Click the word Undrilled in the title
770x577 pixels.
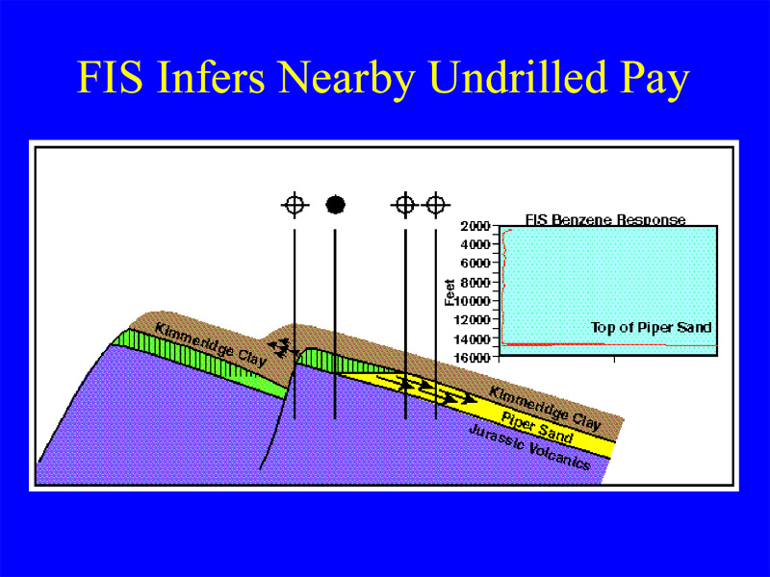(517, 77)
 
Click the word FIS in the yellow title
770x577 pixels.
(110, 78)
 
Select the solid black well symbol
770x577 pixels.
(335, 205)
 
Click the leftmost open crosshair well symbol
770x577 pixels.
(295, 205)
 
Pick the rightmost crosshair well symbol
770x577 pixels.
(436, 204)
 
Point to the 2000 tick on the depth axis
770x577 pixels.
(475, 226)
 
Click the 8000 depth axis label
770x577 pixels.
(475, 283)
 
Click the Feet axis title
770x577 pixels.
(449, 292)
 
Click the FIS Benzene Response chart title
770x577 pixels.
(605, 219)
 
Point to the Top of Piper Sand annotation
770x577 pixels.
(652, 327)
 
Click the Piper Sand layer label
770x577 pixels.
(537, 428)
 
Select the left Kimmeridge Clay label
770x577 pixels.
(211, 344)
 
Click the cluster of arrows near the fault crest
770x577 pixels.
(282, 347)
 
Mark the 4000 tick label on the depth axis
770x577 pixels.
(475, 244)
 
